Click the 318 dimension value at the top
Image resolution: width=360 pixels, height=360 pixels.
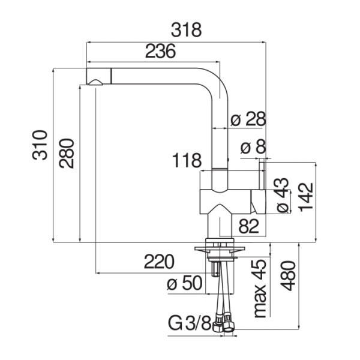pyautogui.click(x=186, y=30)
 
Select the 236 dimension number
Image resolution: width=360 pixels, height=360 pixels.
pyautogui.click(x=160, y=51)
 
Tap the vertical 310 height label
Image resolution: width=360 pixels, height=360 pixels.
pyautogui.click(x=40, y=145)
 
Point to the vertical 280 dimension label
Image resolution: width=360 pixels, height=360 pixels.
pyautogui.click(x=67, y=153)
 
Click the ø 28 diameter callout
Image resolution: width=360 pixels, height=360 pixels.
pyautogui.click(x=248, y=119)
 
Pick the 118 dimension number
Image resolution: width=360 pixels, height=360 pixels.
pyautogui.click(x=187, y=160)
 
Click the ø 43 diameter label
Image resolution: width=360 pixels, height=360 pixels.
pyautogui.click(x=282, y=195)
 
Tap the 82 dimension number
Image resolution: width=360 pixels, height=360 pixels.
pyautogui.click(x=249, y=226)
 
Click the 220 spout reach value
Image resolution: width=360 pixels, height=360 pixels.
pyautogui.click(x=159, y=262)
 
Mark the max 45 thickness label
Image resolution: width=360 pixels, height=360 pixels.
pyautogui.click(x=260, y=289)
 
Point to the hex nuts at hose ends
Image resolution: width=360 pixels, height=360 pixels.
pyautogui.click(x=223, y=324)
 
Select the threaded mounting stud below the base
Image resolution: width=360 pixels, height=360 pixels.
pyautogui.click(x=215, y=269)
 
